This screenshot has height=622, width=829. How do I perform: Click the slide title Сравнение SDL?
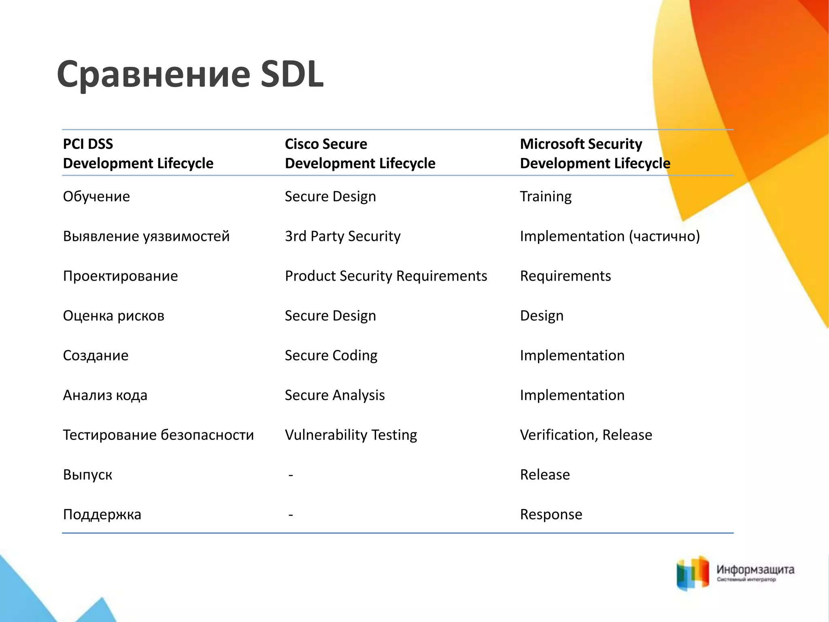pyautogui.click(x=190, y=74)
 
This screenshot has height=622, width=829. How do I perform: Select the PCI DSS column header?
pyautogui.click(x=138, y=153)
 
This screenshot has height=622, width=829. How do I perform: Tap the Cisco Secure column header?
pyautogui.click(x=360, y=153)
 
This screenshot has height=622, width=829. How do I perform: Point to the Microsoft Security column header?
pyautogui.click(x=595, y=153)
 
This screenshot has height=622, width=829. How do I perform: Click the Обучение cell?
pyautogui.click(x=96, y=196)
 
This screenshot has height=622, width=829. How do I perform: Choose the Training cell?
pyautogui.click(x=546, y=196)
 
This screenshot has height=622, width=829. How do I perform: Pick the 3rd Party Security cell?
pyautogui.click(x=342, y=236)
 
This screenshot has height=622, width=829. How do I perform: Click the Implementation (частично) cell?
pyautogui.click(x=610, y=236)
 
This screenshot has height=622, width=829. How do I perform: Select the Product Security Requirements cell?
pyautogui.click(x=386, y=276)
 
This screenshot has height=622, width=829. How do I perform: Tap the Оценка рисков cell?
pyautogui.click(x=113, y=315)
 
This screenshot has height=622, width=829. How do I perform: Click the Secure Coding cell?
pyautogui.click(x=331, y=355)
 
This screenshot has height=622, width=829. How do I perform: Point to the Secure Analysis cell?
pyautogui.click(x=334, y=395)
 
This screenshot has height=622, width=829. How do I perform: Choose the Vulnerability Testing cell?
pyautogui.click(x=351, y=435)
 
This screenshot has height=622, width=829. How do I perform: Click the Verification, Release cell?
pyautogui.click(x=586, y=435)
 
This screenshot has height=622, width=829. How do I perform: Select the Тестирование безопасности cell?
pyautogui.click(x=158, y=435)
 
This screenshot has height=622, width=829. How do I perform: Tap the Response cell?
pyautogui.click(x=551, y=514)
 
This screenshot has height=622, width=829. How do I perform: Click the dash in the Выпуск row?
pyautogui.click(x=291, y=475)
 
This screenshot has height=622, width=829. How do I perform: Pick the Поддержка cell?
pyautogui.click(x=102, y=514)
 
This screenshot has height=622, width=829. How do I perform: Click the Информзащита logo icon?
pyautogui.click(x=693, y=573)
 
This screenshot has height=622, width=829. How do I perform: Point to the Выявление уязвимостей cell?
pyautogui.click(x=146, y=236)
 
